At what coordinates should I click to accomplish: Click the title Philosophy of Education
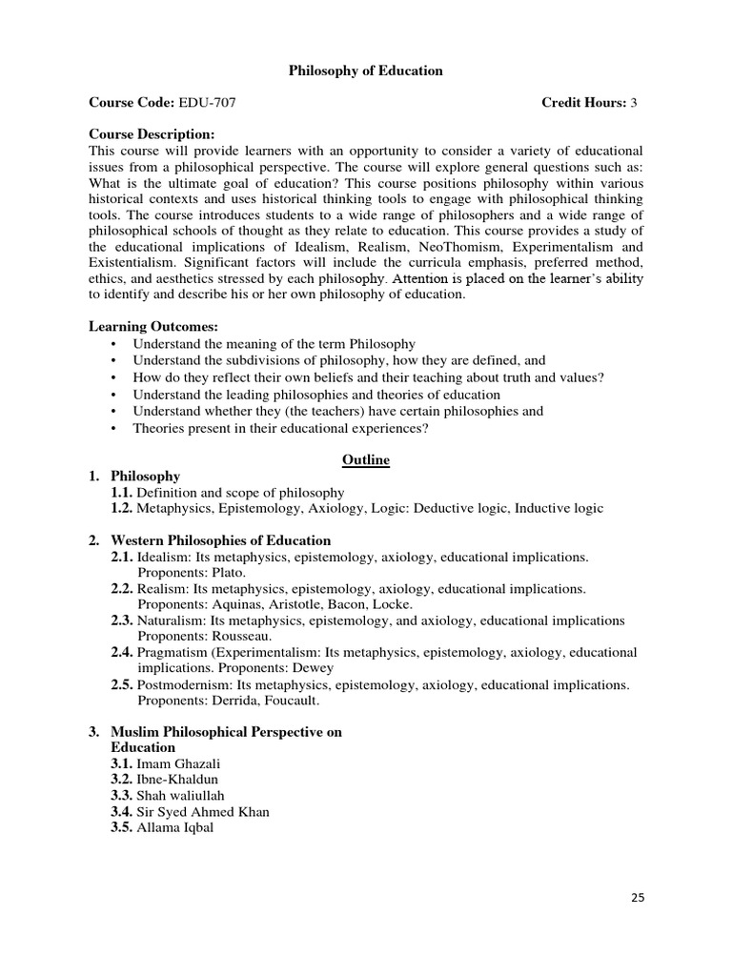pos(366,71)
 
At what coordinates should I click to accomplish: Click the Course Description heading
pos(152,134)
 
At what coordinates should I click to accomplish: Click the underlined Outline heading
pos(366,460)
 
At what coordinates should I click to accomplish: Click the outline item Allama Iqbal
pos(175,827)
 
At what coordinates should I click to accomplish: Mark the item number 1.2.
pos(121,508)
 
